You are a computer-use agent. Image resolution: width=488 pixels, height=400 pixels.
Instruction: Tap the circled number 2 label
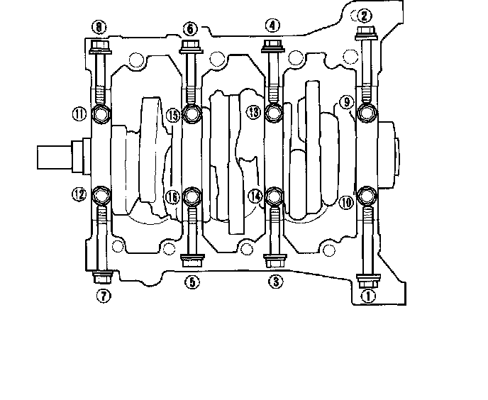tap(364, 15)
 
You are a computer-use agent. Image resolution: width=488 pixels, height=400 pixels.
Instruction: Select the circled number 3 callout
tap(275, 282)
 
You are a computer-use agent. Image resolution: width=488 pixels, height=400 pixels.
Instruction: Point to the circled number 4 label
tap(272, 26)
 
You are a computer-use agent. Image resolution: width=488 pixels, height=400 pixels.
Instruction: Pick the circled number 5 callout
tap(192, 282)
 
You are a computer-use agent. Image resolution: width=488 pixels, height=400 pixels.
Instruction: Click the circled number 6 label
tap(190, 28)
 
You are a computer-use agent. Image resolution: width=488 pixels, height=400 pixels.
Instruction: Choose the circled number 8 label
tap(99, 28)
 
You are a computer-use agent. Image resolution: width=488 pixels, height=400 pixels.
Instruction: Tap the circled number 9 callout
tap(347, 103)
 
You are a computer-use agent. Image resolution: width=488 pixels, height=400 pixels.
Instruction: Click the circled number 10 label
tap(346, 202)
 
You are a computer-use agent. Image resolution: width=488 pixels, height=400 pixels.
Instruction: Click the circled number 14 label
tap(255, 195)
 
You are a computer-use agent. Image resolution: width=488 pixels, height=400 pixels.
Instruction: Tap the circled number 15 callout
tap(172, 113)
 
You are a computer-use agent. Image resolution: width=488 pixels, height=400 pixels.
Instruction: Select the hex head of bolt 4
tap(273, 46)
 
